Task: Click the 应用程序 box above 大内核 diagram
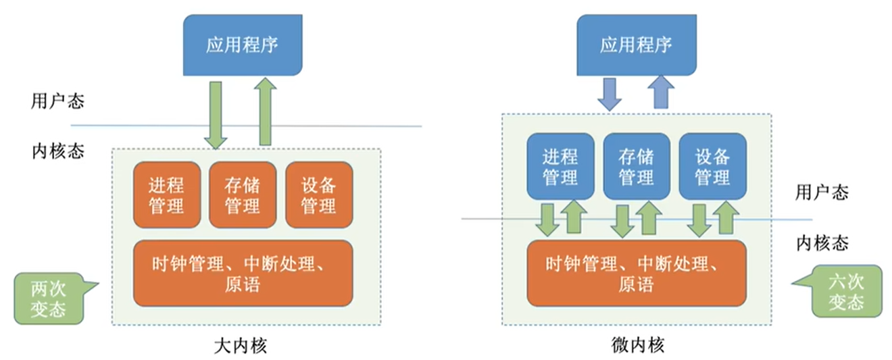tap(243, 45)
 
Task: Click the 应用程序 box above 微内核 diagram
tap(635, 45)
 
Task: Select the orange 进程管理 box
tap(167, 195)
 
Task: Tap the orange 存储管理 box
tap(243, 195)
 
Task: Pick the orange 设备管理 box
tap(318, 195)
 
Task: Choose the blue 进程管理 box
tap(560, 166)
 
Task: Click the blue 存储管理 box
tap(636, 166)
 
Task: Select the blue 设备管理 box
tap(712, 166)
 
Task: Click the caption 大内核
tap(241, 346)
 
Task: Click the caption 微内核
tap(637, 346)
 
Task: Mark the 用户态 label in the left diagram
tap(57, 101)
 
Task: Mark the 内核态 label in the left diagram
tap(57, 150)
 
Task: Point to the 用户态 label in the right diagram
tap(822, 192)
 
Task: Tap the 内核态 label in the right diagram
tap(822, 242)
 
